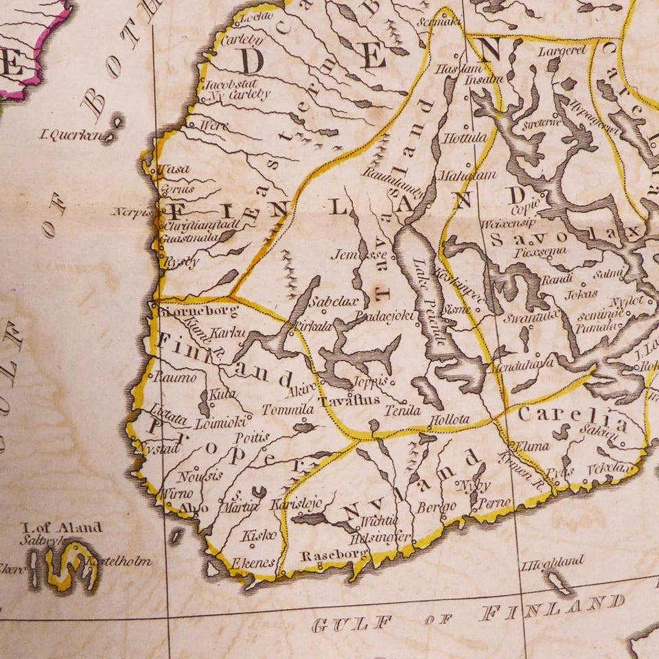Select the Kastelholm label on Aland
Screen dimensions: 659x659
pyautogui.click(x=116, y=561)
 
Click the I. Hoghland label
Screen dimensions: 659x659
pyautogui.click(x=553, y=561)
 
